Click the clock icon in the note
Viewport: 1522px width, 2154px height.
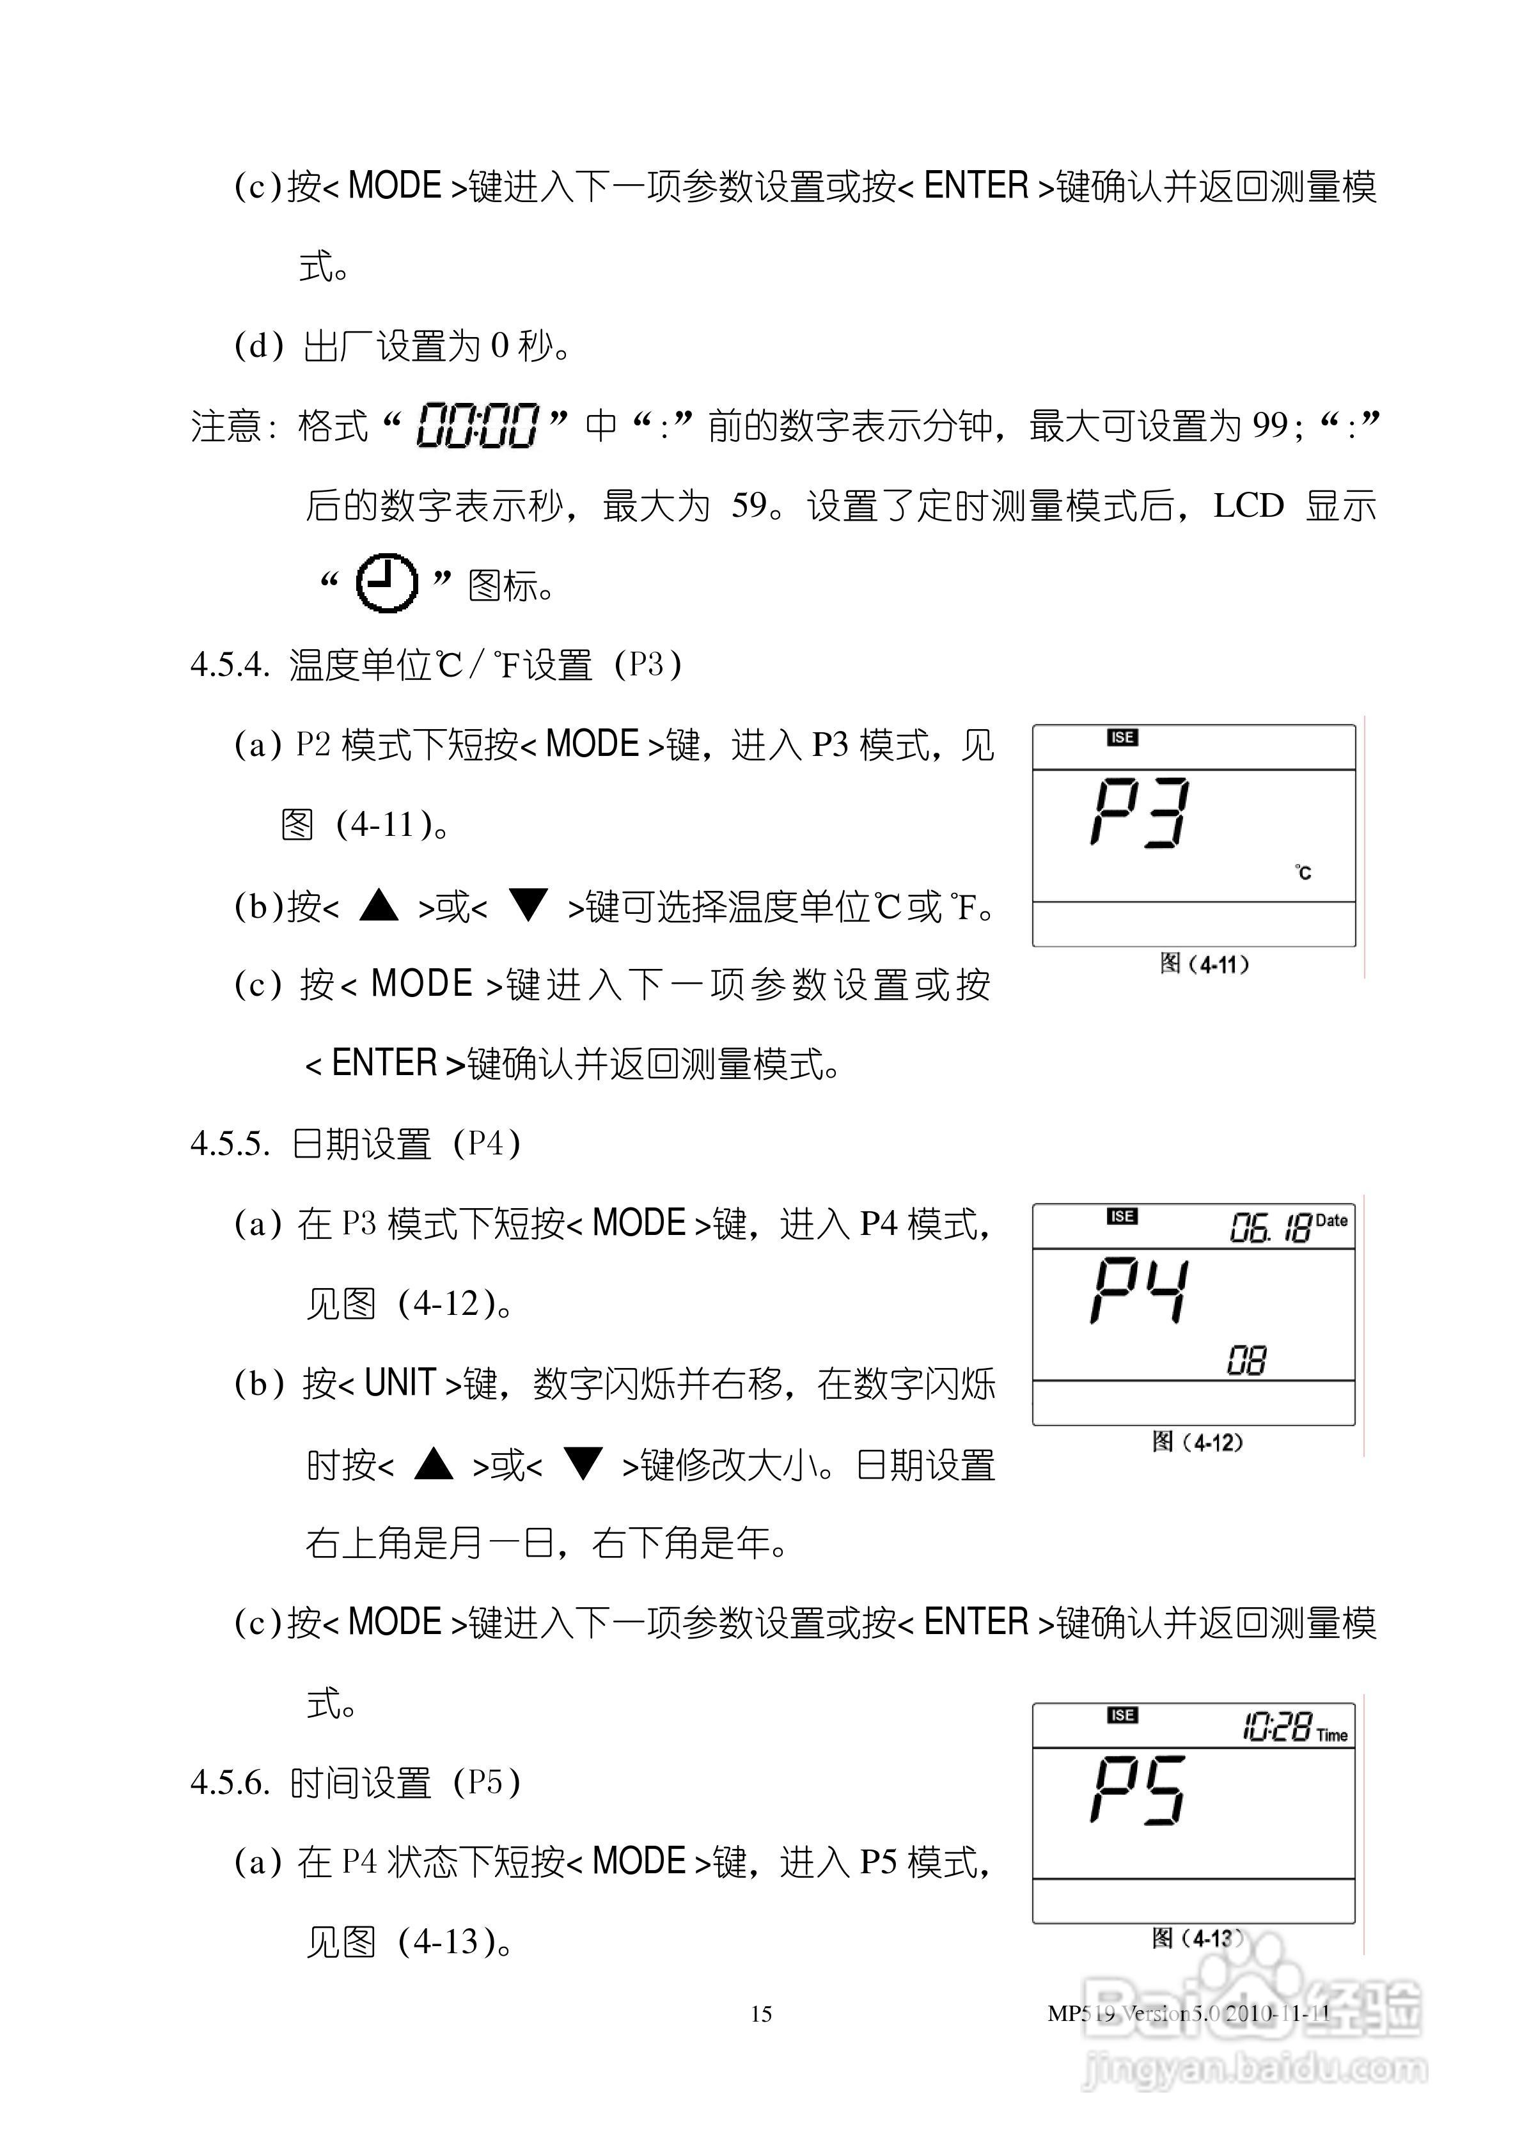coord(387,583)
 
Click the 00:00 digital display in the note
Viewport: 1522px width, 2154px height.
coord(478,426)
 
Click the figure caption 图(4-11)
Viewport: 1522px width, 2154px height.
coord(1205,964)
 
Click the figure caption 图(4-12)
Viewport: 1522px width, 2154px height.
coord(1197,1442)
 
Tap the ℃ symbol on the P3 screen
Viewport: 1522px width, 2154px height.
coord(1303,872)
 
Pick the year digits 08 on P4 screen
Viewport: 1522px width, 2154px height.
coord(1246,1360)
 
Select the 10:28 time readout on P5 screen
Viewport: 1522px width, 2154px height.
coord(1276,1726)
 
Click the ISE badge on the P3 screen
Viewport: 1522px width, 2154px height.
coord(1122,738)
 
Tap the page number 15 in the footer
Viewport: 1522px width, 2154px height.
coord(761,2014)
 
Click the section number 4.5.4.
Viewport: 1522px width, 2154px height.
coord(230,665)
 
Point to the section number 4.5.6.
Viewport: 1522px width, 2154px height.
coord(230,1782)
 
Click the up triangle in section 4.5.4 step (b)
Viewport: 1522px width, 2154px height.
coord(379,906)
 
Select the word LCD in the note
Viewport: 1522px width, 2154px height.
coord(1248,506)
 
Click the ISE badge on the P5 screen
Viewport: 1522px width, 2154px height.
coord(1122,1715)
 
